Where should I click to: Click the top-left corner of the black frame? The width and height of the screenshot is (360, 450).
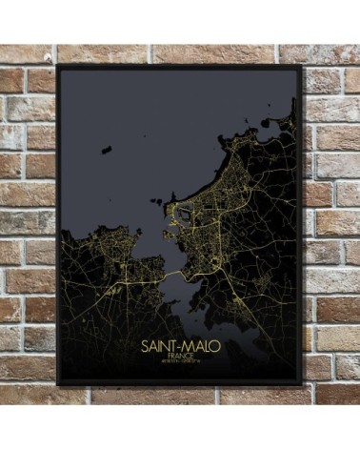click(58, 66)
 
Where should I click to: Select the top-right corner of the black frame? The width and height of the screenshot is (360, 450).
click(302, 67)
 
